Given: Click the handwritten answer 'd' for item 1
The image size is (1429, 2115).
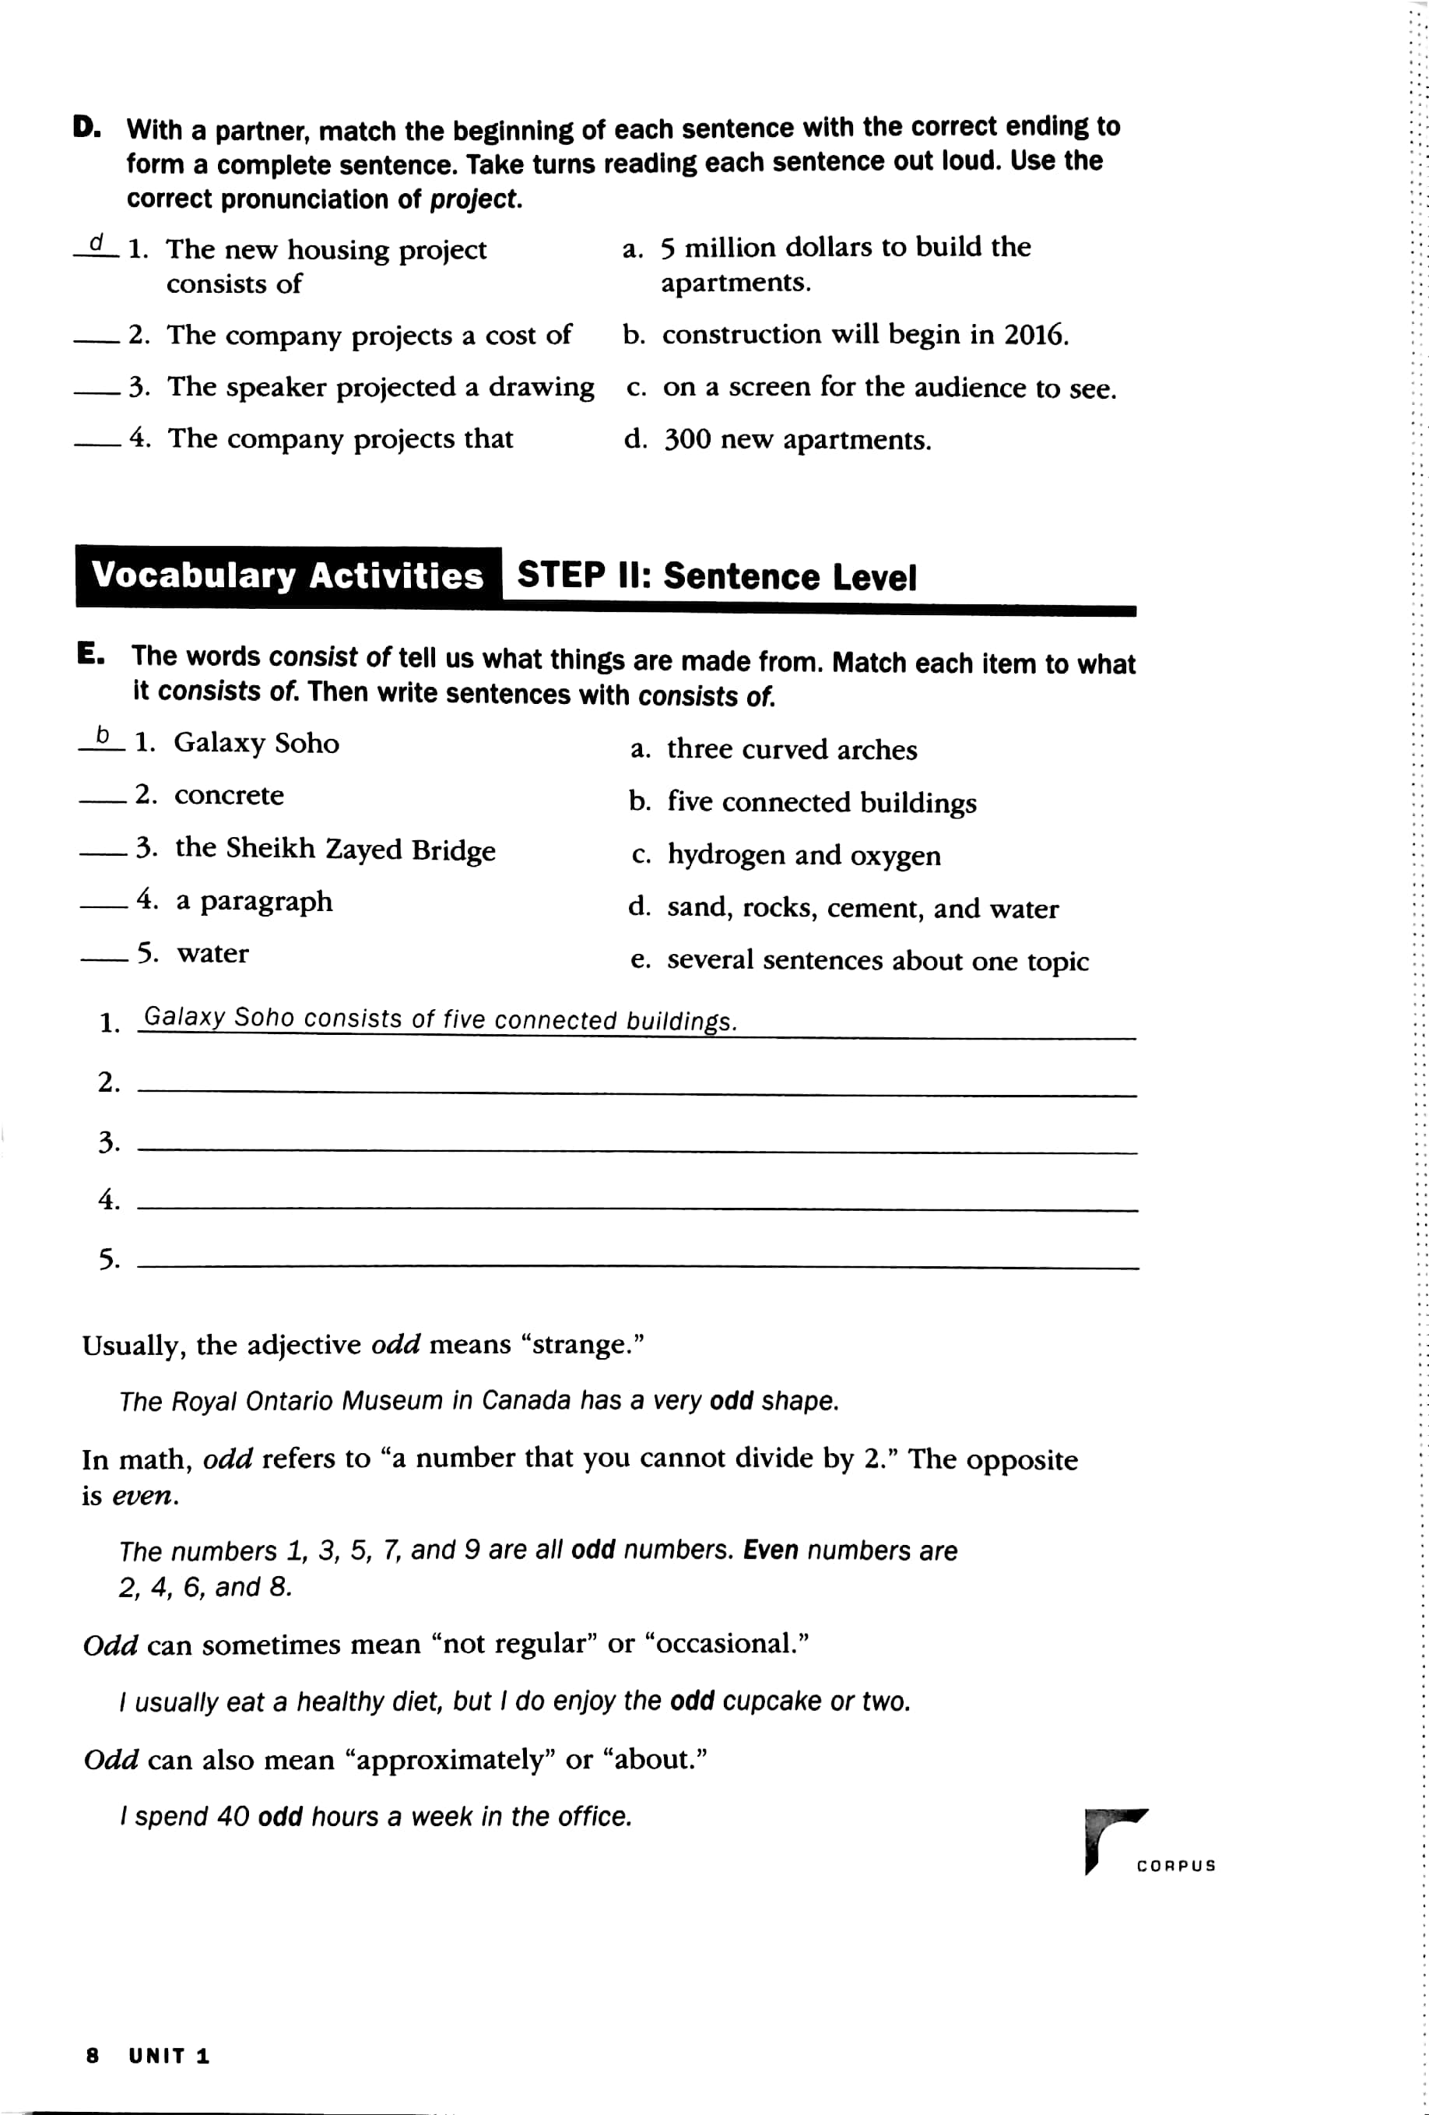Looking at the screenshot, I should point(97,244).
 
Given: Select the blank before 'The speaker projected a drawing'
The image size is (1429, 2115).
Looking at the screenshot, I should point(97,392).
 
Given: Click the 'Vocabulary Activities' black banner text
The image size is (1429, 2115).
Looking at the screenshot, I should point(287,576).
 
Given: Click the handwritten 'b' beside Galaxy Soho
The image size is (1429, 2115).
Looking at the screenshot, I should point(103,735).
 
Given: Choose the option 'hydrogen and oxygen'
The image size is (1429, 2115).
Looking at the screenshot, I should point(803,856).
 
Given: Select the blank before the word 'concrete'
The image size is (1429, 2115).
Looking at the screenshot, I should point(102,800).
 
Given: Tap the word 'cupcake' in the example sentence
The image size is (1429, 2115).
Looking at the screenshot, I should point(771,1701).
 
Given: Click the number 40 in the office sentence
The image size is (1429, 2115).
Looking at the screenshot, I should point(233,1817).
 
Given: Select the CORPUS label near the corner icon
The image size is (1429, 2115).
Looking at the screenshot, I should point(1175,1866).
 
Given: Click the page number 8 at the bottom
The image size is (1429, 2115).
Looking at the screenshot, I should point(92,2056).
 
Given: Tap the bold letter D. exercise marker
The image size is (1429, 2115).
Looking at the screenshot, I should point(87,128).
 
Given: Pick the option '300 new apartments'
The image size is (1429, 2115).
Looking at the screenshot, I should point(796,441).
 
